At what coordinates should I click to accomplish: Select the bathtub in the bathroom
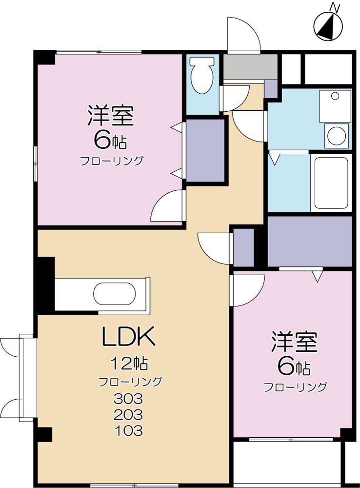click(331, 183)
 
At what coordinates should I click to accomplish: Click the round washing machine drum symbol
click(337, 135)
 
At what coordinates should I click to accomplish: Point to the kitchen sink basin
click(114, 295)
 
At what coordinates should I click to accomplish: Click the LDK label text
click(128, 336)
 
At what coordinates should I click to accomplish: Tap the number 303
click(128, 399)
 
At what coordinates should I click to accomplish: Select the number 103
click(128, 431)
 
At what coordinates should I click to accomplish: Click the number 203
click(128, 415)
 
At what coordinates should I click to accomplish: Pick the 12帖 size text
click(129, 363)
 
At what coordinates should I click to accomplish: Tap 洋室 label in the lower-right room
click(294, 342)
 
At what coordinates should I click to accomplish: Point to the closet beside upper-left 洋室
click(205, 150)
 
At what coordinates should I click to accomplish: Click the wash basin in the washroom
click(335, 105)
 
